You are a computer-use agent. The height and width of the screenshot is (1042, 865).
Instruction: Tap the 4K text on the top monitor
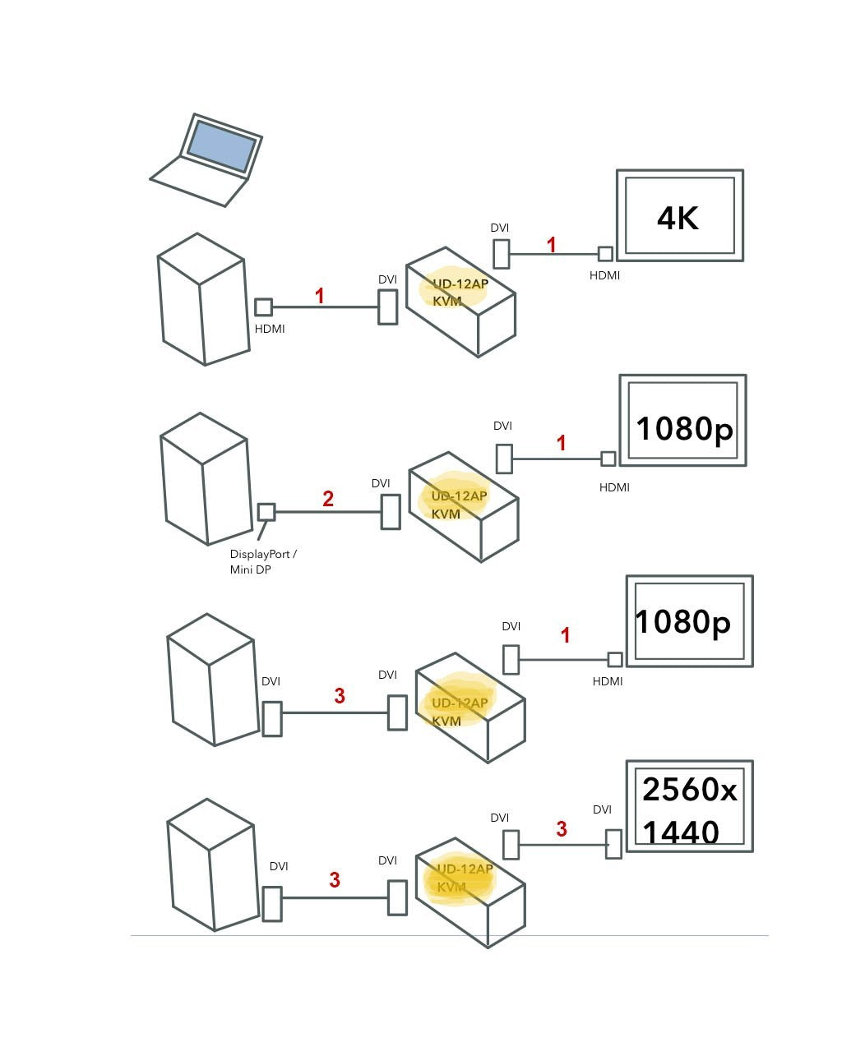tap(678, 218)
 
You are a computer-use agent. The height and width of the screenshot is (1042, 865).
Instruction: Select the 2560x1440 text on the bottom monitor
tap(689, 810)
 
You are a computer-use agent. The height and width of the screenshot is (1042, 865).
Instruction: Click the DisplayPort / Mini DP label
tap(263, 562)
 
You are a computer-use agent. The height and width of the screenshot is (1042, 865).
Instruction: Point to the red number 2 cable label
tap(328, 499)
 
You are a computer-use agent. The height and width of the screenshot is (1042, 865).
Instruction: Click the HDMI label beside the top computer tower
tap(270, 329)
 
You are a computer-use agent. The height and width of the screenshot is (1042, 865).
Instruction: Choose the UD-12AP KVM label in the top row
tap(459, 292)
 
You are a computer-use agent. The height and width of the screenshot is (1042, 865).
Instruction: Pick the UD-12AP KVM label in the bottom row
tap(462, 878)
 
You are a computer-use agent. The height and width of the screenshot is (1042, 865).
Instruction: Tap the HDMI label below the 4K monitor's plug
tap(604, 275)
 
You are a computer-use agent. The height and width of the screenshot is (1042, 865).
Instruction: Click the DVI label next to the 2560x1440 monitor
tap(602, 809)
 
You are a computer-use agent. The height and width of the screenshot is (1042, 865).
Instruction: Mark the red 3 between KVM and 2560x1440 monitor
tap(562, 829)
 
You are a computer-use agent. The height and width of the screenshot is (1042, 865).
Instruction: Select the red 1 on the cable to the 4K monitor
tap(552, 245)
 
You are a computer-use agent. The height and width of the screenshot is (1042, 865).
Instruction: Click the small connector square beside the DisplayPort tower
tap(266, 512)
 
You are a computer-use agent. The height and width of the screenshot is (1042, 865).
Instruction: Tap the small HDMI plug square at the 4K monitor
tap(605, 254)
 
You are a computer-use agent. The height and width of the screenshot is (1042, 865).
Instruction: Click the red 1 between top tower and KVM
tap(320, 296)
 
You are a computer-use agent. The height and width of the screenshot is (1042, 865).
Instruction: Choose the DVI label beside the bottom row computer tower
tap(279, 866)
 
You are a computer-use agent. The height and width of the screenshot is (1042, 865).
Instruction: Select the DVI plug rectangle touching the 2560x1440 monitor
tap(613, 844)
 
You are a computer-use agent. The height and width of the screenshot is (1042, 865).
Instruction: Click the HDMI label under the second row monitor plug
tap(614, 487)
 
